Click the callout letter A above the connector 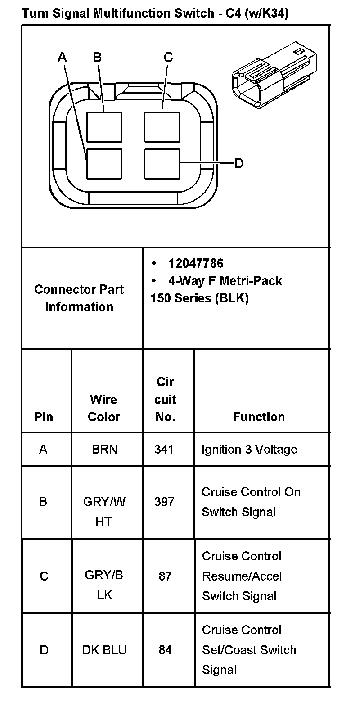click(63, 57)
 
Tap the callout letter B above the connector click(97, 57)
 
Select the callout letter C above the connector click(168, 57)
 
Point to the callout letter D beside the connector click(239, 163)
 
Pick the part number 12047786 click(196, 263)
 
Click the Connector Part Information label click(79, 298)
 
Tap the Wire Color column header click(104, 408)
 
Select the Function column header click(259, 417)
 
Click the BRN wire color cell click(104, 450)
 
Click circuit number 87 click(165, 576)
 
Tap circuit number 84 click(165, 650)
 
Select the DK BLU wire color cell click(104, 650)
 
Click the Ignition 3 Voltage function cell click(249, 450)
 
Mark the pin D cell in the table click(44, 650)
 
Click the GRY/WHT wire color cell click(104, 512)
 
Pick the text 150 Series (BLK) click(200, 298)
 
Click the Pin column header click(44, 417)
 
